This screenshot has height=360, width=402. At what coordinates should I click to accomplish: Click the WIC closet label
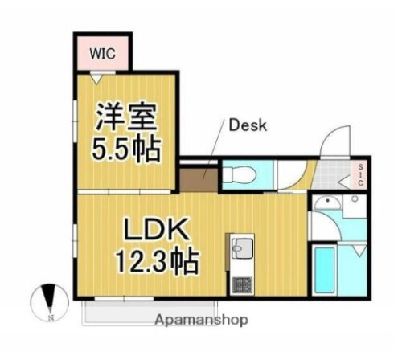(x=102, y=54)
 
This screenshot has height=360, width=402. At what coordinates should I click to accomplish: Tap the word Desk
(x=248, y=125)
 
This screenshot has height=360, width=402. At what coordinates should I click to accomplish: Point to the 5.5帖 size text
(x=125, y=149)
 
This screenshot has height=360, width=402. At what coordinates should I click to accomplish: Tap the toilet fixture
(x=239, y=174)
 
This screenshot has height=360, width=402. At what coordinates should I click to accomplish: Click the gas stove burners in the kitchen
(x=241, y=283)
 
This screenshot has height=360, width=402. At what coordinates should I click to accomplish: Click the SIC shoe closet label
(x=361, y=175)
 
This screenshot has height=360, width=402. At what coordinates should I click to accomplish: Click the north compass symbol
(x=49, y=301)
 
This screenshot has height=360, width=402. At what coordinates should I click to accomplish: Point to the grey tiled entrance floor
(x=335, y=174)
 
